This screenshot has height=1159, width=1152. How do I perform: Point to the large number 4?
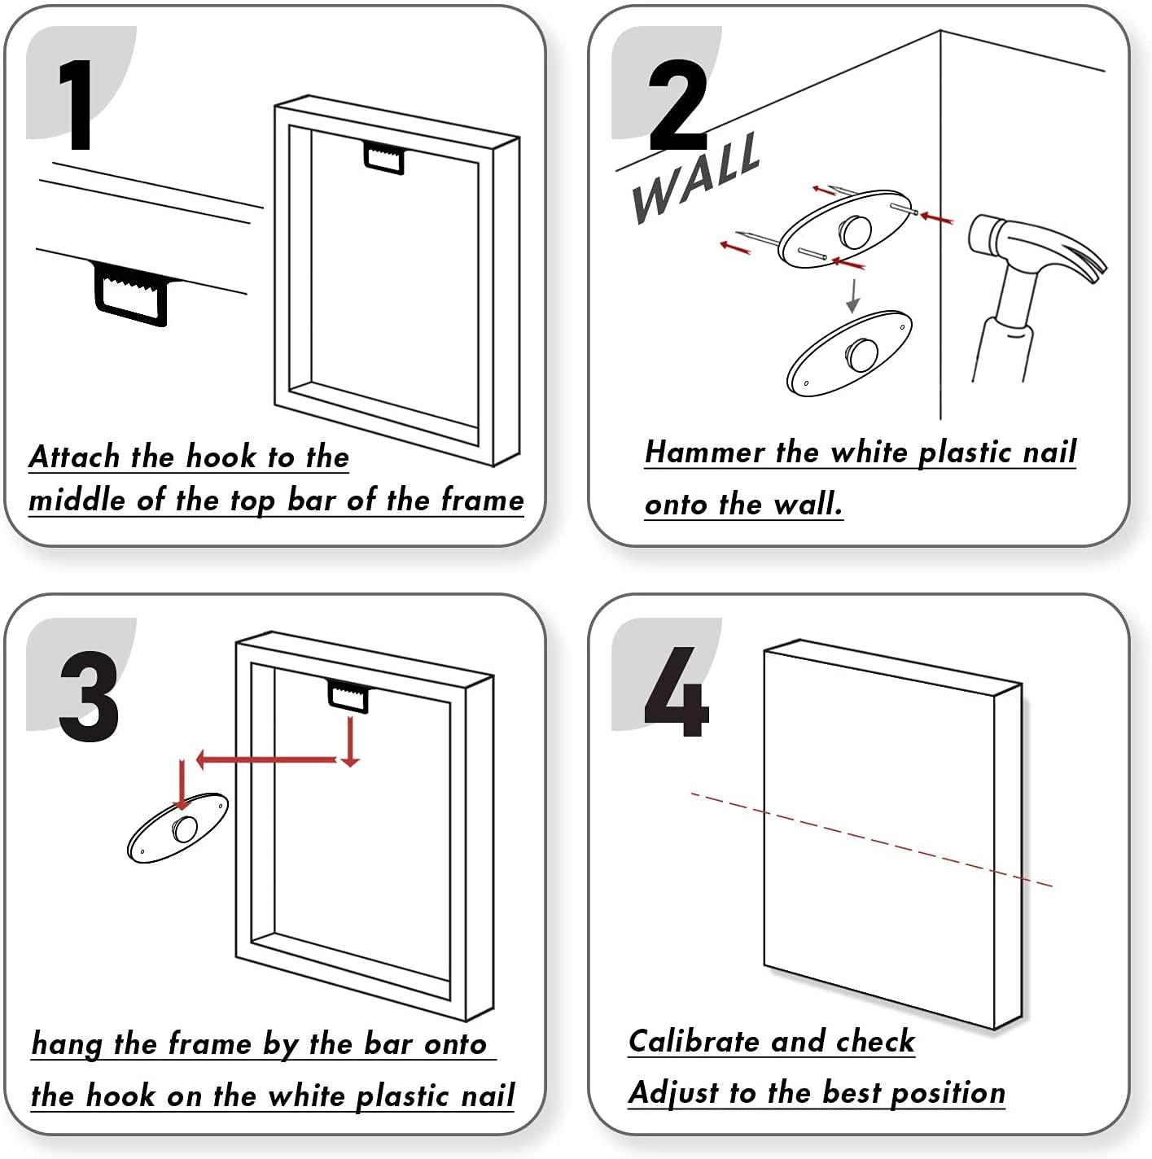click(x=676, y=692)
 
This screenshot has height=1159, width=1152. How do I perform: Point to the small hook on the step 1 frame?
click(x=383, y=157)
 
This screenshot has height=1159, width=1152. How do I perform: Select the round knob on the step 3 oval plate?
click(x=185, y=829)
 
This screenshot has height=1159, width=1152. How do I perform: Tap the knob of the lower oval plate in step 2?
click(x=861, y=352)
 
